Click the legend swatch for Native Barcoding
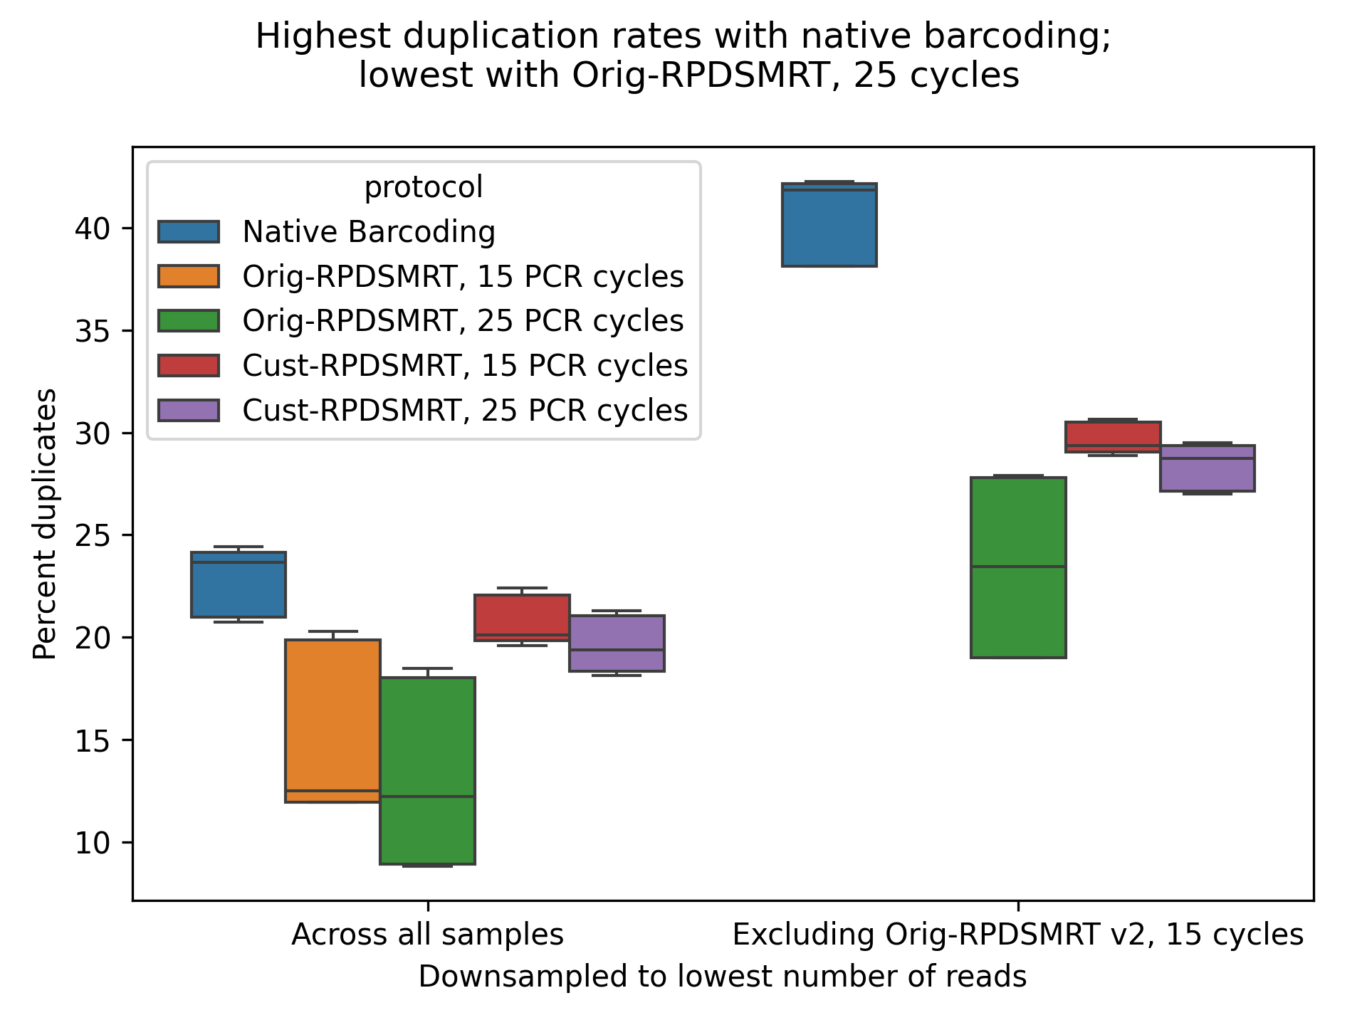(189, 232)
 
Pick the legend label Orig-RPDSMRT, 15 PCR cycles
(463, 277)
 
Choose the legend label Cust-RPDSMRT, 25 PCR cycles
(465, 411)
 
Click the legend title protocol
(424, 188)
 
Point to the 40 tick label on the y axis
(93, 228)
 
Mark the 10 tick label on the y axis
(93, 843)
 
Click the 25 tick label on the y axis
(93, 536)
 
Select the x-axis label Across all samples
(427, 935)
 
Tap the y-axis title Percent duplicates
(45, 524)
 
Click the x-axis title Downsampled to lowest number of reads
(722, 977)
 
